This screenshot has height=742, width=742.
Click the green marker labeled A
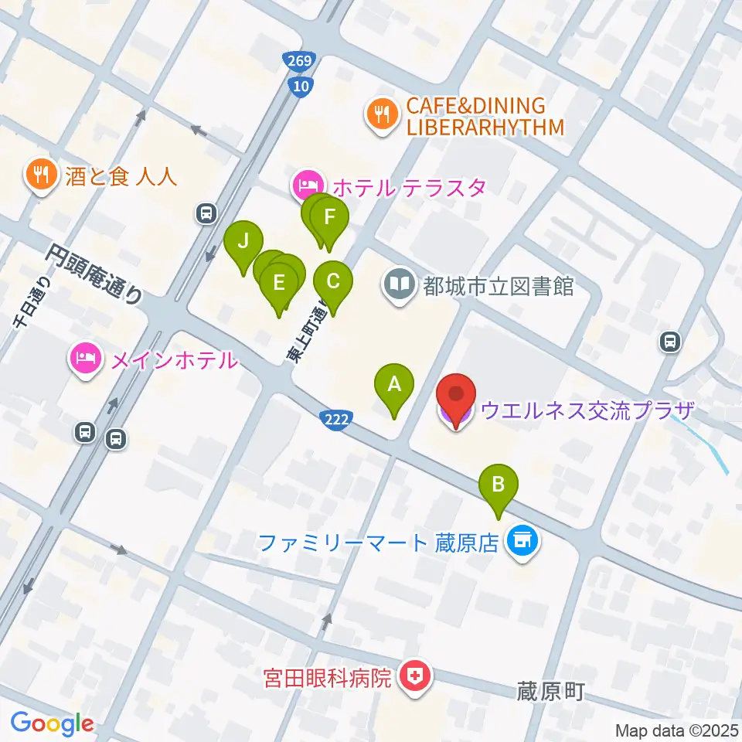pos(394,384)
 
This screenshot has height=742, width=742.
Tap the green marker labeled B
pos(499,486)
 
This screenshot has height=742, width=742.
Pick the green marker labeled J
pos(243,242)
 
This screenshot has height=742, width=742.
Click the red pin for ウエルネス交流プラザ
pos(456,396)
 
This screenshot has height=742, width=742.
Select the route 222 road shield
pos(337,418)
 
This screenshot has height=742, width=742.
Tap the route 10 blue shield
pos(300,85)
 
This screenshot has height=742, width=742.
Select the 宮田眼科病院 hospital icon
pos(413,678)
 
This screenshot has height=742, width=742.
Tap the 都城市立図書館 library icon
pos(400,285)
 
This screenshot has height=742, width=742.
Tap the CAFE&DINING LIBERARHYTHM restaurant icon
pos(380,116)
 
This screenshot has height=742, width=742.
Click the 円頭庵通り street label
pos(93,274)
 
